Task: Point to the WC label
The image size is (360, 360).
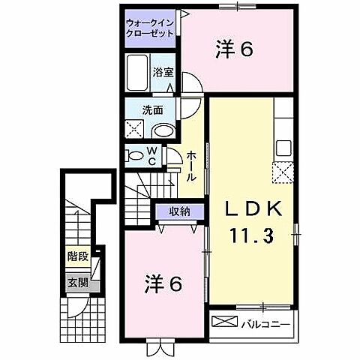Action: (151, 156)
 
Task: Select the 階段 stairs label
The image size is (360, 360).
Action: (77, 256)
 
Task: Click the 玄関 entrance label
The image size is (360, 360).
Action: (76, 283)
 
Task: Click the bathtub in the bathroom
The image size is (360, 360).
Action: (138, 74)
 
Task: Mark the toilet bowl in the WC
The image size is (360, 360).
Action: (136, 156)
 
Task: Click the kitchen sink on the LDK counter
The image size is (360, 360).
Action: (284, 145)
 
